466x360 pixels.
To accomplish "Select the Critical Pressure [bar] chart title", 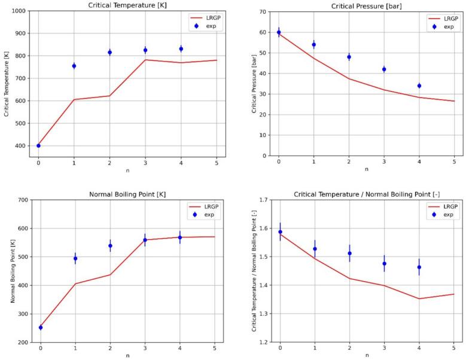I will [366, 5].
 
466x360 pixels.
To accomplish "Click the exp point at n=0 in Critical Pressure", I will [278, 32].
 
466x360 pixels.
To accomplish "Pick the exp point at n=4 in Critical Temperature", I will [181, 49].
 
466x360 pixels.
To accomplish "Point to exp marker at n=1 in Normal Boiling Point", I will [75, 259].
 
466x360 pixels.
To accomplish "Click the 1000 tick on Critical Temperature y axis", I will [18, 11].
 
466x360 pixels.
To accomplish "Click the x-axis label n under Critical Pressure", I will [366, 170].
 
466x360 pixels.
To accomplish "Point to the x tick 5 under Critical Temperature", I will [216, 163].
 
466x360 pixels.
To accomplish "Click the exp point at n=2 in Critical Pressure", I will [349, 57].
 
